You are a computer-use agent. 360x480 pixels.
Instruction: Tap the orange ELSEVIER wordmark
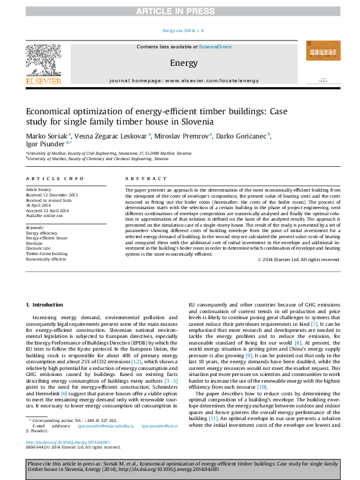coord(44,80)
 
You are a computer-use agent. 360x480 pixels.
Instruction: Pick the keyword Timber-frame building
coord(46,253)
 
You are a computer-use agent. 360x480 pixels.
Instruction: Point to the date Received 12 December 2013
coord(52,195)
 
